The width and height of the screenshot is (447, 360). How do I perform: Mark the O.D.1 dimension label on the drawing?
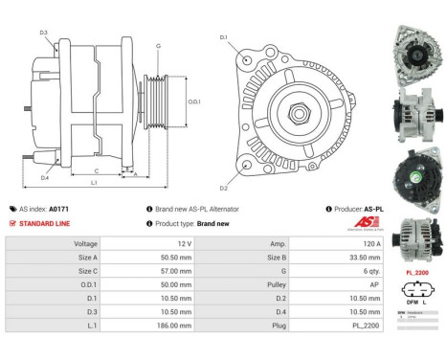tap(193, 101)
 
